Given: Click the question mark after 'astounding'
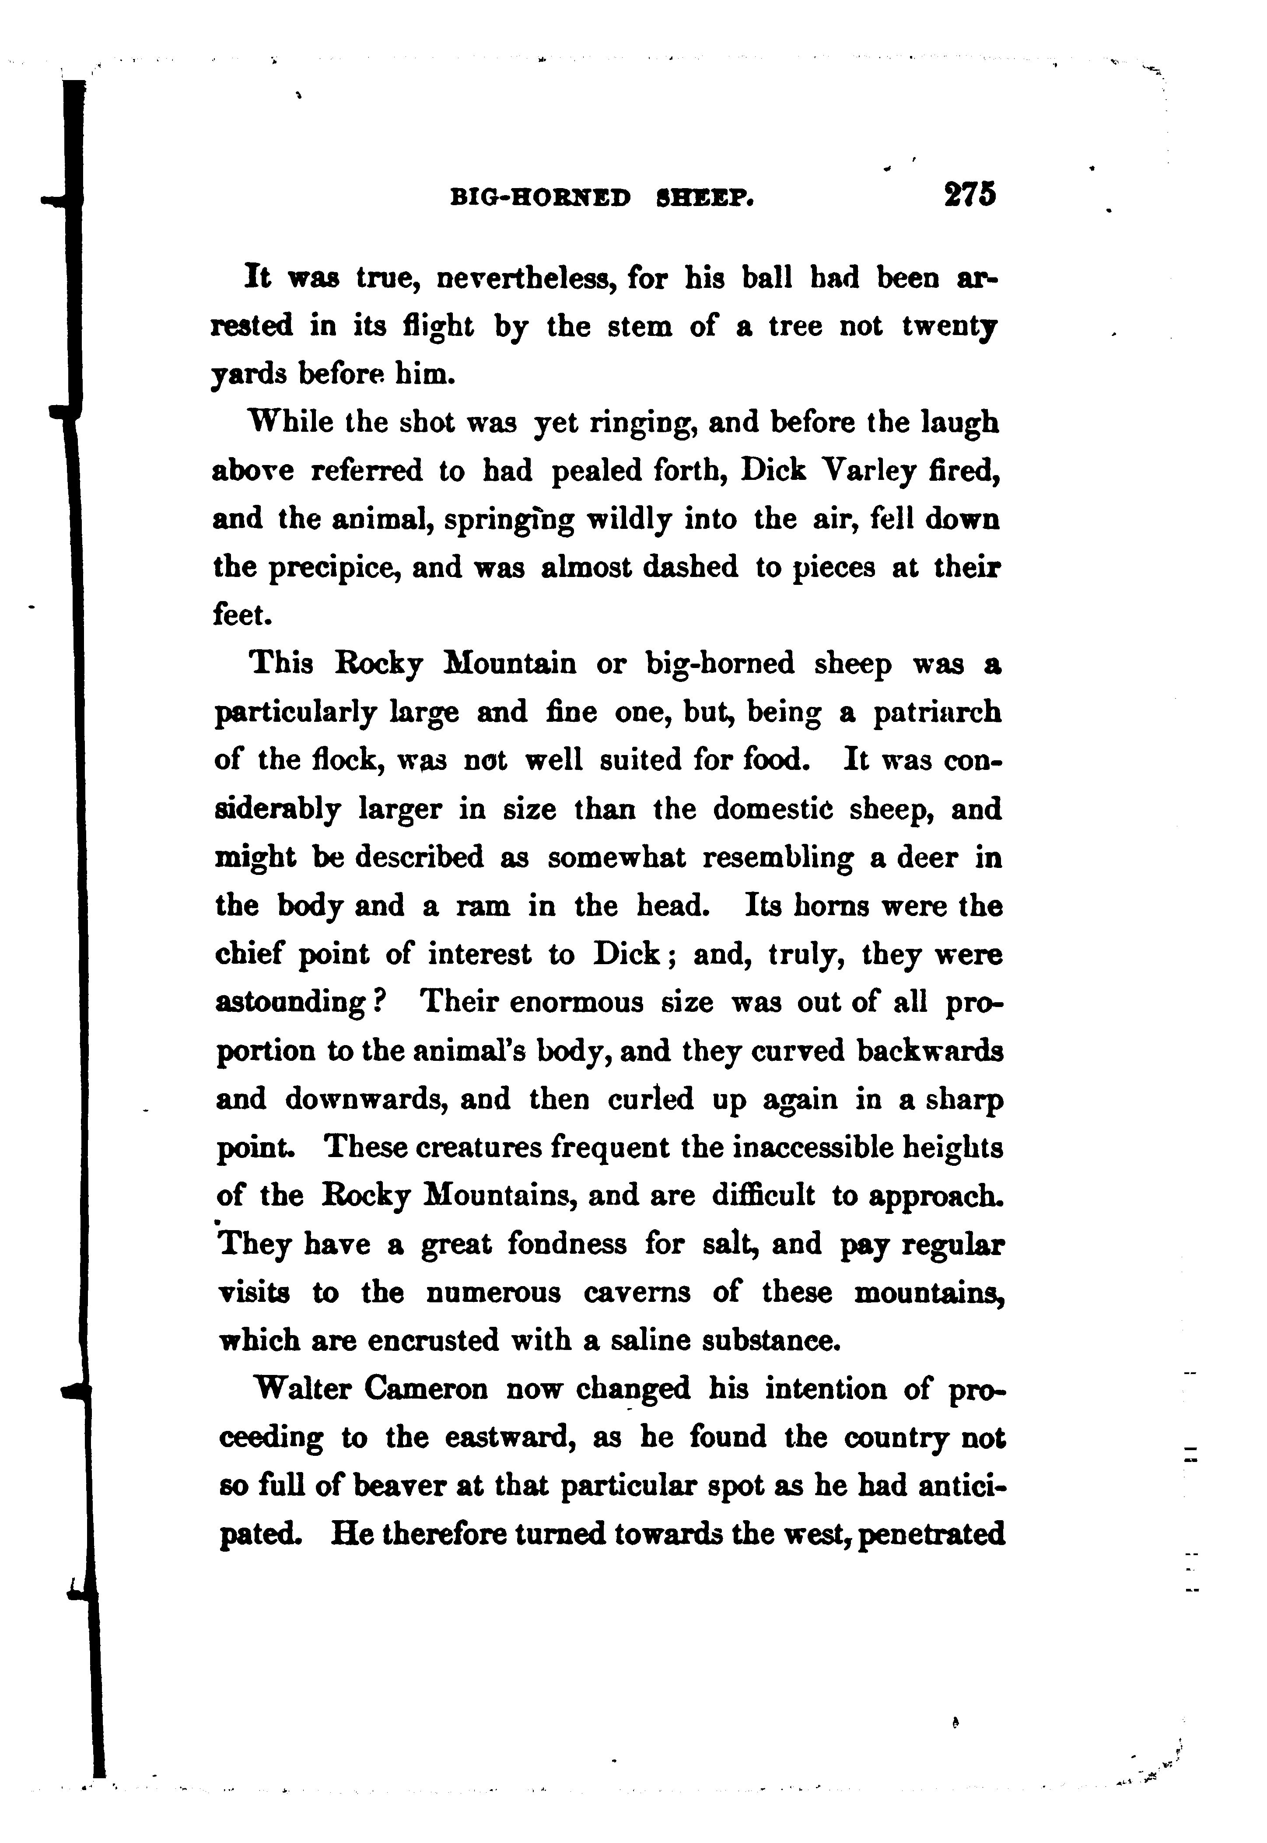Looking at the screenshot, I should [x=379, y=1003].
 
